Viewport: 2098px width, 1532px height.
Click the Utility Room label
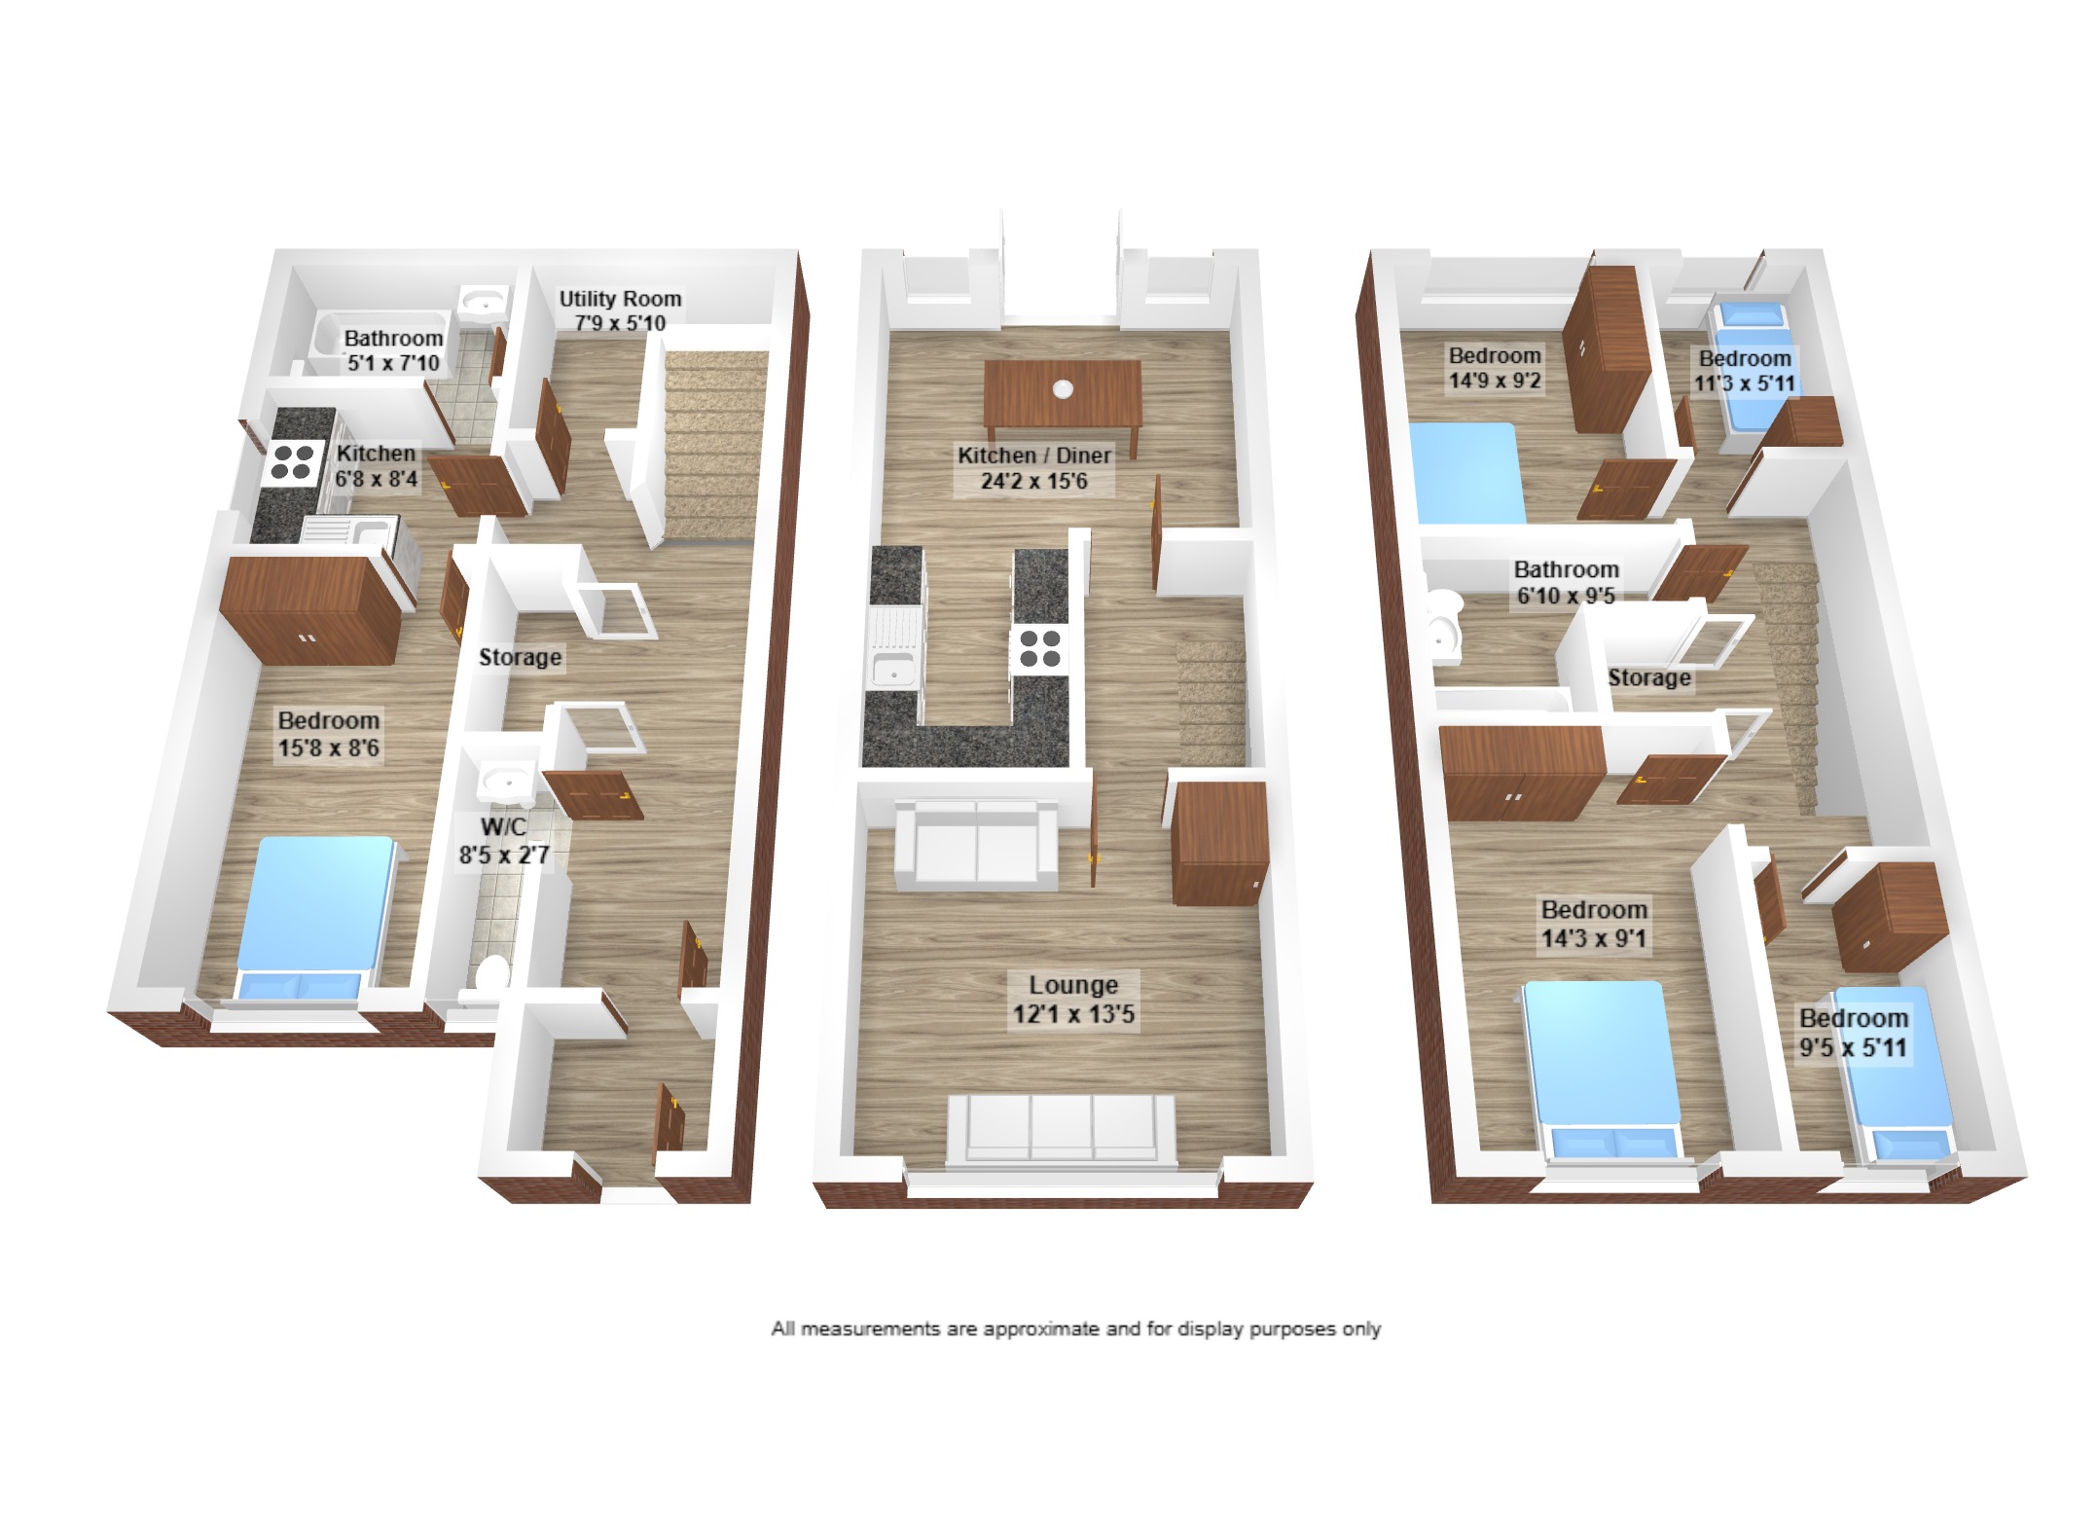click(x=620, y=299)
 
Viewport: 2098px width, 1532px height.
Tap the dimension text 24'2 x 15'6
click(x=1034, y=481)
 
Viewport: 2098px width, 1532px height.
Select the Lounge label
click(x=1073, y=985)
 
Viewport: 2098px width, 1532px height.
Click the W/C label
click(x=503, y=827)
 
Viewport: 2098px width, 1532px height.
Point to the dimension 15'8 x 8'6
click(x=329, y=748)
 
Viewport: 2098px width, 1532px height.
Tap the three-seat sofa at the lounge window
click(x=1062, y=1130)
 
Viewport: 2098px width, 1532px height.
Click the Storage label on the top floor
click(x=1649, y=677)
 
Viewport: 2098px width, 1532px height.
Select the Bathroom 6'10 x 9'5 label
click(x=1566, y=582)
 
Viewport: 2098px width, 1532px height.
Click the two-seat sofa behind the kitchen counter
click(x=976, y=845)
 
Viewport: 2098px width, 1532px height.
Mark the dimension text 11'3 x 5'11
click(x=1745, y=383)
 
